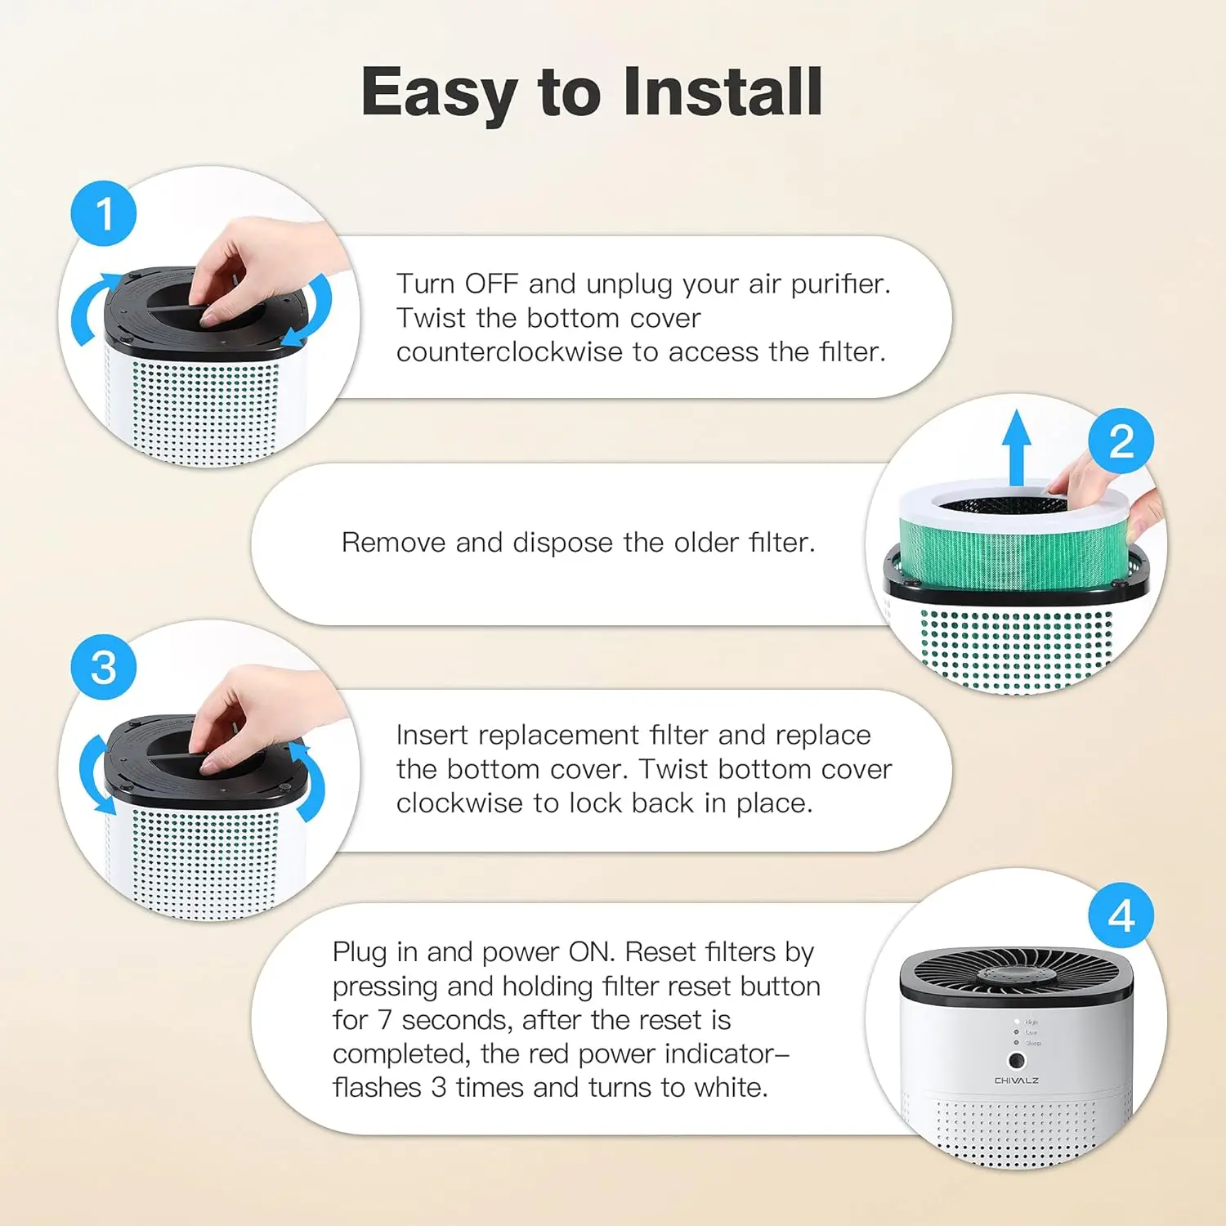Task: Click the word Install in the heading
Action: tap(723, 92)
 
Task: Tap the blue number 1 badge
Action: tap(104, 214)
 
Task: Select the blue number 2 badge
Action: tap(1121, 441)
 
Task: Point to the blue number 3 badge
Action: tap(104, 667)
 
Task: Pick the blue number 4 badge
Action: tap(1121, 915)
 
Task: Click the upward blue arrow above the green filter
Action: tap(1016, 448)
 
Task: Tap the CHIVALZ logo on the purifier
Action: tap(1017, 1081)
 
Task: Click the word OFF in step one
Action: tap(491, 284)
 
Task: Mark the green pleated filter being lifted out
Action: tap(1015, 549)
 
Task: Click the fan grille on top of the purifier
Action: tap(1016, 973)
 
